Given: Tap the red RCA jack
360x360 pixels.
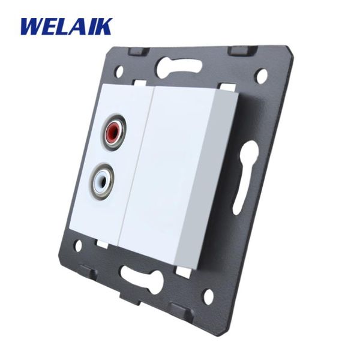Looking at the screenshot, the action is click(113, 132).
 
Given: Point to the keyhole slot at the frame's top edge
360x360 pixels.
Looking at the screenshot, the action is click(179, 66).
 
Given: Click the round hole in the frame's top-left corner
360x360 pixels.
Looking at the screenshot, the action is click(119, 71).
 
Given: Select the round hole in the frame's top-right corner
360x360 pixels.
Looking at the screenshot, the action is click(262, 75).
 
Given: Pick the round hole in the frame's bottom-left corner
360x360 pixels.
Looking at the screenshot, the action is click(78, 245).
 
